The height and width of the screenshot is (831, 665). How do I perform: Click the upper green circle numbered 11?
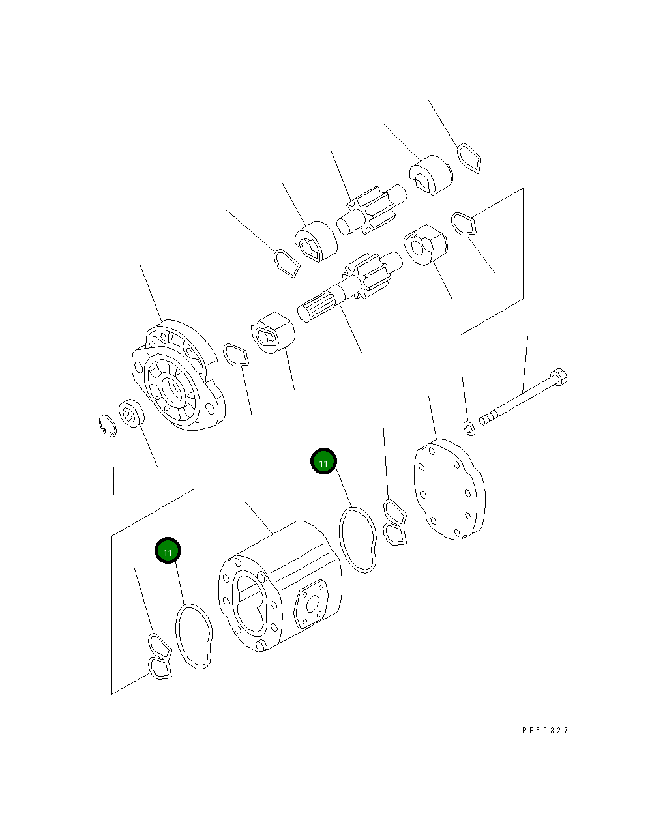323,461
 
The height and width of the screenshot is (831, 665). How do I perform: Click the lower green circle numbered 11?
168,551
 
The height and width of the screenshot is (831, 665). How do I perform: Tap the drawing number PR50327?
545,731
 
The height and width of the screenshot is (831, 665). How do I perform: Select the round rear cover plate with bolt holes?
450,489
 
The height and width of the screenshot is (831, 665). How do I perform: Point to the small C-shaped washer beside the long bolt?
469,428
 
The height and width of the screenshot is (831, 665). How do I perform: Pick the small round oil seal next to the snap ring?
131,414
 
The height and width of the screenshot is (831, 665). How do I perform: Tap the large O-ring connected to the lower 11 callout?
194,636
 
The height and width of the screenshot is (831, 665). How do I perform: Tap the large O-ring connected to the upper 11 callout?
357,540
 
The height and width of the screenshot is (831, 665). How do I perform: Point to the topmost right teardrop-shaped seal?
469,158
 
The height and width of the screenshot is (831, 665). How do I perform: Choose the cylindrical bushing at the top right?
430,175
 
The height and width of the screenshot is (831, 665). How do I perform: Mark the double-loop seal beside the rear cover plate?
394,522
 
